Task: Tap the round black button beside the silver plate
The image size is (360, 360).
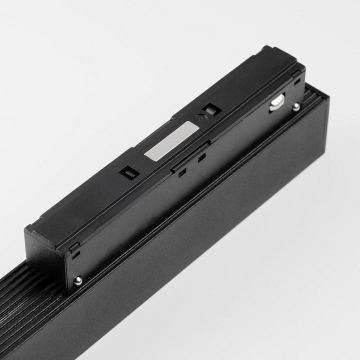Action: (x=200, y=119)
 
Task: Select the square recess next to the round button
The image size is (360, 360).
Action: (x=210, y=109)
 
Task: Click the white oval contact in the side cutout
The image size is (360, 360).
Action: (x=275, y=102)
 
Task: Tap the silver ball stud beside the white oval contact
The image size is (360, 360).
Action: (x=296, y=106)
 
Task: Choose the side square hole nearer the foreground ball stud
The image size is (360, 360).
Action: (x=182, y=172)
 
